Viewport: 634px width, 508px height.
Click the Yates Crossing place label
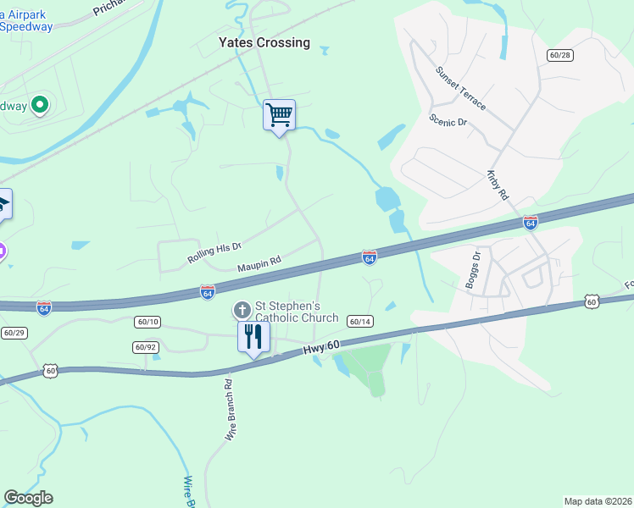[264, 42]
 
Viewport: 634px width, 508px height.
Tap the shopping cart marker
[279, 114]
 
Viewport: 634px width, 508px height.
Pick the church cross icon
[242, 310]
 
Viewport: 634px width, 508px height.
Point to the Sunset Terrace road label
[461, 88]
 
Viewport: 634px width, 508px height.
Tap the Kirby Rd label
[498, 183]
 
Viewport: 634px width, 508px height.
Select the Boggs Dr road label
[472, 270]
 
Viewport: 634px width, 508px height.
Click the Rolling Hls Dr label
[214, 251]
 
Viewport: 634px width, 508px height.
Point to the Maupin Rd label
[259, 264]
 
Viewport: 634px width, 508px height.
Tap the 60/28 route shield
[560, 55]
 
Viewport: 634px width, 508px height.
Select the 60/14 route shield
[360, 321]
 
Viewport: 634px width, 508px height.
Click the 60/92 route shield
[146, 347]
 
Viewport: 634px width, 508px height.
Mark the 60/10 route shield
[147, 322]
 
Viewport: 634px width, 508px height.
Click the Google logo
[28, 498]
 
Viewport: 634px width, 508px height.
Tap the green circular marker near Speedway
[39, 106]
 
